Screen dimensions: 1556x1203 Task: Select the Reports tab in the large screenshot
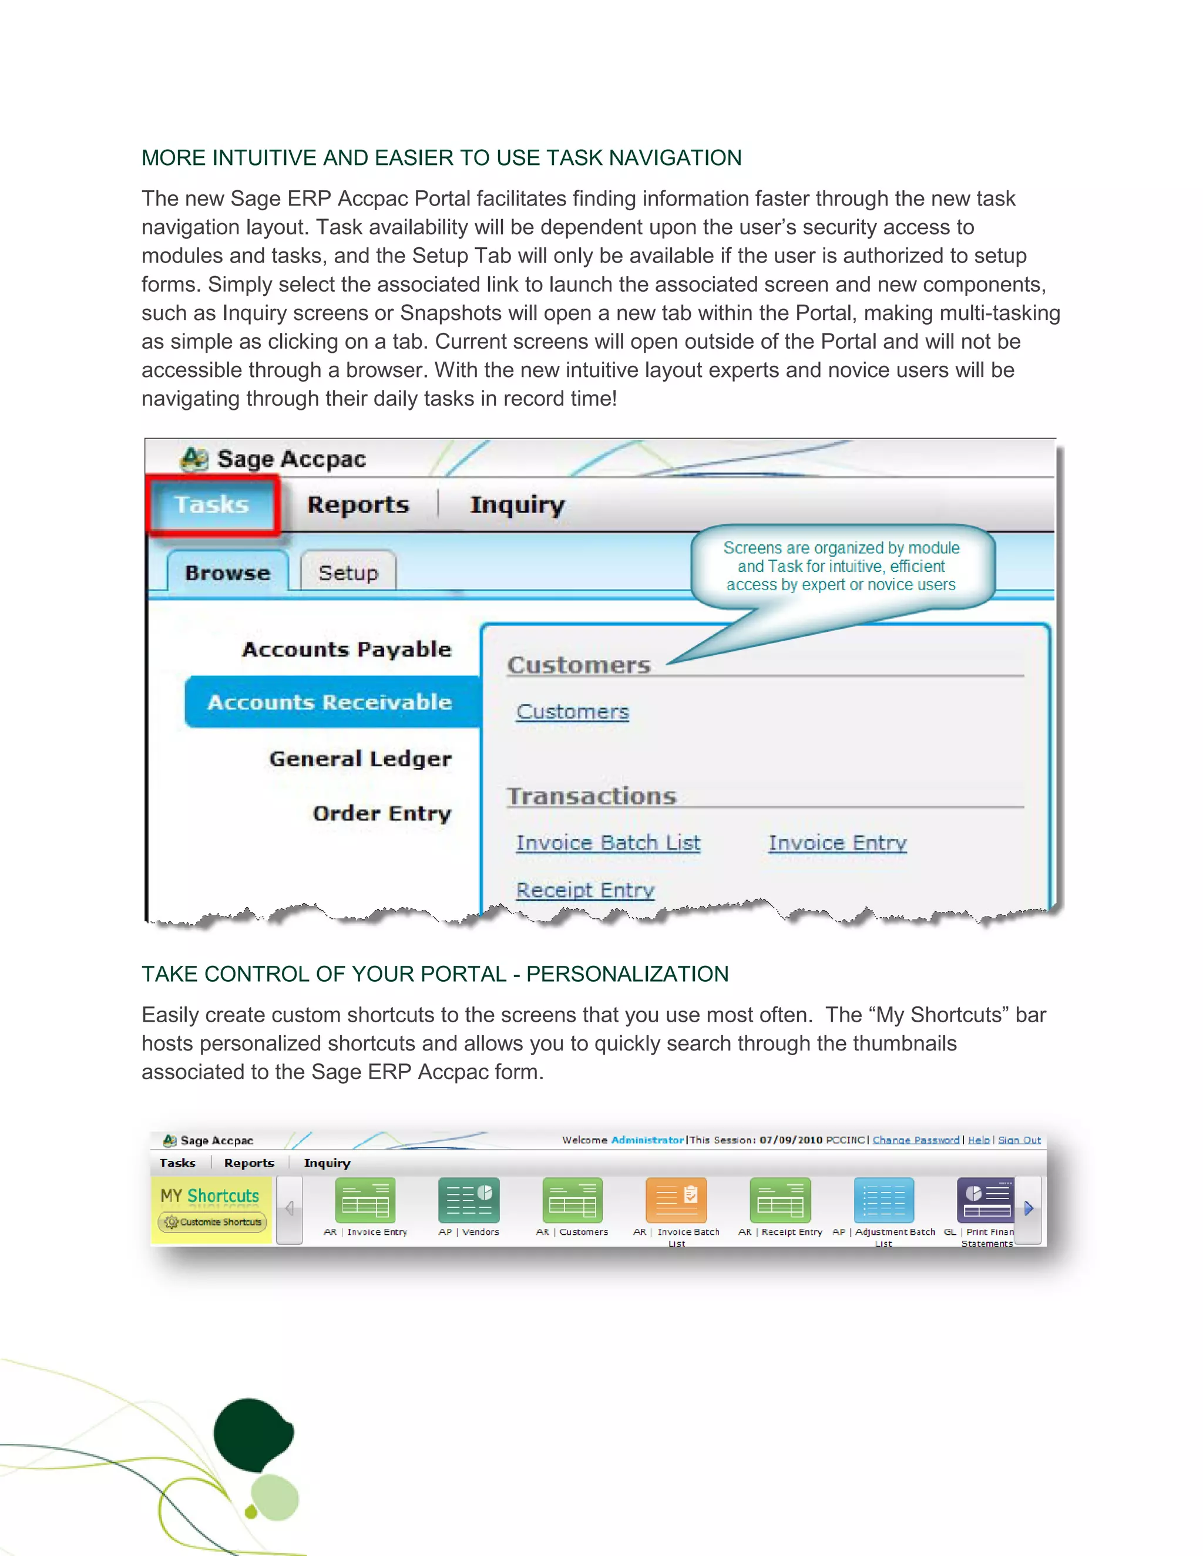point(358,504)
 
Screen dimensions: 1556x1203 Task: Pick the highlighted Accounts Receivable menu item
point(330,702)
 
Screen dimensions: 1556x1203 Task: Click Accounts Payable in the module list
point(347,649)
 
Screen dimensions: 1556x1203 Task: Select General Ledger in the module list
point(360,759)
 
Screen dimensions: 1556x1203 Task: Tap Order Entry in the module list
point(381,813)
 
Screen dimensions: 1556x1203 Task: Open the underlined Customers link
point(572,712)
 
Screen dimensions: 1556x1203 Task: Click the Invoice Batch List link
point(608,843)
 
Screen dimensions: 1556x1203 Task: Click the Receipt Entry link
point(585,890)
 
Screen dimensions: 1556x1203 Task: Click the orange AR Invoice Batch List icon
point(676,1200)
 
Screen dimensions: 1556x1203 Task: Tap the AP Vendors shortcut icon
point(468,1200)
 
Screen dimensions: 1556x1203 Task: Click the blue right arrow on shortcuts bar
point(1029,1208)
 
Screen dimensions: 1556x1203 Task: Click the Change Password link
point(915,1140)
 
